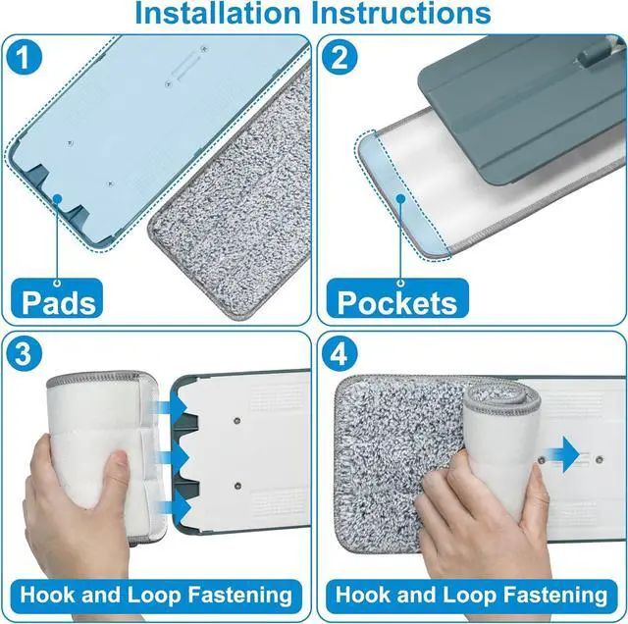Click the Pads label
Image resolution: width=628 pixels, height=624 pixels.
pos(60,300)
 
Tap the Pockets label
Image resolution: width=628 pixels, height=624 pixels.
pos(396,300)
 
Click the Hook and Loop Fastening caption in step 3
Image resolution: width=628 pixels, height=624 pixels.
pos(157,594)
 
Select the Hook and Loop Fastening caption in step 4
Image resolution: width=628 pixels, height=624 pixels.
pos(471,594)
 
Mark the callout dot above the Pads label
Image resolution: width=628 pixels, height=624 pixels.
pos(58,198)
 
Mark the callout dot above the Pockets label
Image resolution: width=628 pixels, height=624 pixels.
pos(399,197)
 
